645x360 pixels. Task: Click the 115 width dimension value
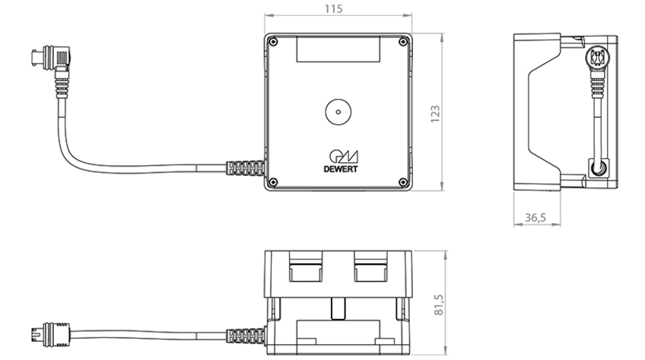(333, 8)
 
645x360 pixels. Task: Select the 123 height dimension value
(435, 113)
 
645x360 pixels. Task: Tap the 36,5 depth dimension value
(535, 217)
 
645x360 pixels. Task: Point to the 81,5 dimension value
(439, 304)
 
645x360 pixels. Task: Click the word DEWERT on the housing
(341, 169)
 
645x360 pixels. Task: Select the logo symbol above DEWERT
(344, 157)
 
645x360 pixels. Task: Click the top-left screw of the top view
(273, 42)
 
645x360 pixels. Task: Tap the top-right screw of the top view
(404, 42)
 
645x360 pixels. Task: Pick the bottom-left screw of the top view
(273, 182)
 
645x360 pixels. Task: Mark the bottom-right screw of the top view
(404, 182)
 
